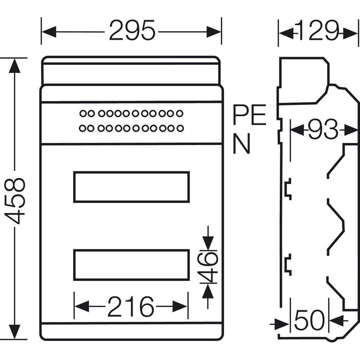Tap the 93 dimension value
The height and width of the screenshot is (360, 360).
[322, 130]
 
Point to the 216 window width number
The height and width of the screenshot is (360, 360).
[131, 308]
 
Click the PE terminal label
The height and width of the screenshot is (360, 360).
[249, 115]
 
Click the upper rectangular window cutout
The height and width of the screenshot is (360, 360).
[131, 187]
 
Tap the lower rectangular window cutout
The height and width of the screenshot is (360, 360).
[131, 265]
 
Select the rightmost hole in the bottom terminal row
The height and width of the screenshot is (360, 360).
[179, 128]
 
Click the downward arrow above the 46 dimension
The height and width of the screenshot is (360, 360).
[207, 241]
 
